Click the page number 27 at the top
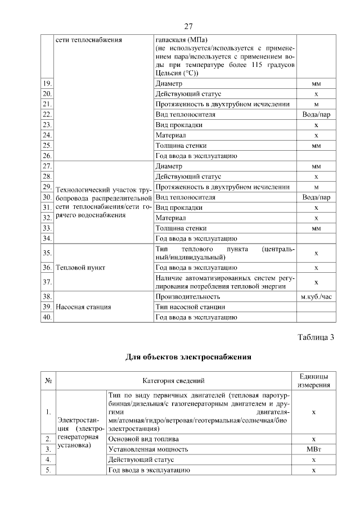tap(189, 26)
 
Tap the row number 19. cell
tap(47, 84)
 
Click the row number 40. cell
tap(47, 317)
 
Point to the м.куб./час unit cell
tap(316, 296)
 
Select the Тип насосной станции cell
tap(190, 307)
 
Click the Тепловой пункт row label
tap(80, 267)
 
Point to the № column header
tap(48, 381)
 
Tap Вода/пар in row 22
tap(316, 114)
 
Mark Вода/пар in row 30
tap(316, 197)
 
